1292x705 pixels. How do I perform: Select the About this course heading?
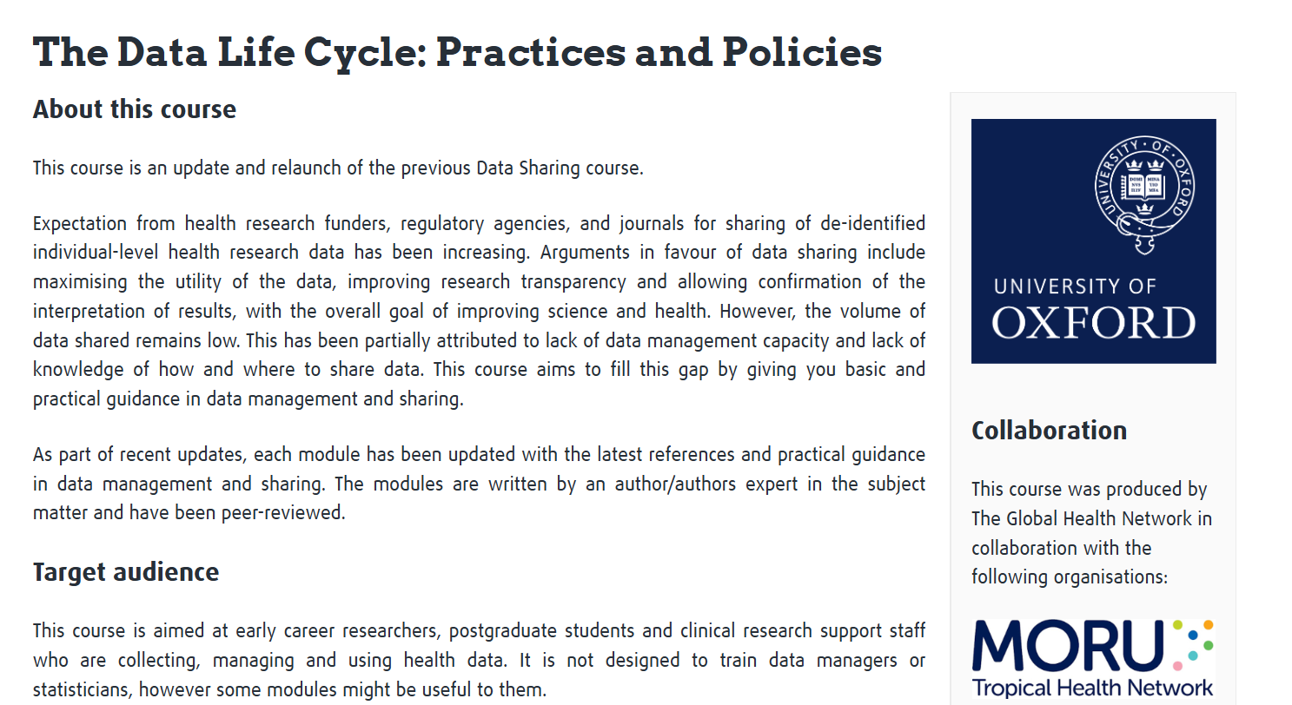point(135,109)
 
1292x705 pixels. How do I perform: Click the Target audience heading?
point(126,572)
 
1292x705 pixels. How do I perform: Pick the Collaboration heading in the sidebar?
point(1049,430)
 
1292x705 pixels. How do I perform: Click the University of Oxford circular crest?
point(1143,190)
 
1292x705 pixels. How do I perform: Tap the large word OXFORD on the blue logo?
point(1093,323)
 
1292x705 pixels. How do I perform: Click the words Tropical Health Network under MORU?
point(1092,689)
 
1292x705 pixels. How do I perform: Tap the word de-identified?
point(872,223)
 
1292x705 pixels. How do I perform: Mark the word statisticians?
point(83,690)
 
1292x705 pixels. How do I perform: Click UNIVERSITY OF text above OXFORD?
point(1075,287)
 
